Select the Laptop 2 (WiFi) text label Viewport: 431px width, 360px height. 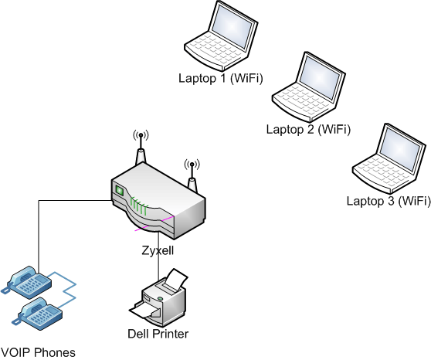point(308,129)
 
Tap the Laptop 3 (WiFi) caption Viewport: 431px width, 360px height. point(389,201)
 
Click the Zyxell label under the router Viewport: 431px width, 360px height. point(158,252)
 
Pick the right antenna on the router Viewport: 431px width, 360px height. point(192,178)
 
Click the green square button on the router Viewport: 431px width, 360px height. point(119,189)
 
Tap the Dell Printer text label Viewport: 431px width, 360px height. point(158,334)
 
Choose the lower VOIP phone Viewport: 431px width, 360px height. point(36,312)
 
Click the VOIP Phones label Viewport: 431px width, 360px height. point(39,352)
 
